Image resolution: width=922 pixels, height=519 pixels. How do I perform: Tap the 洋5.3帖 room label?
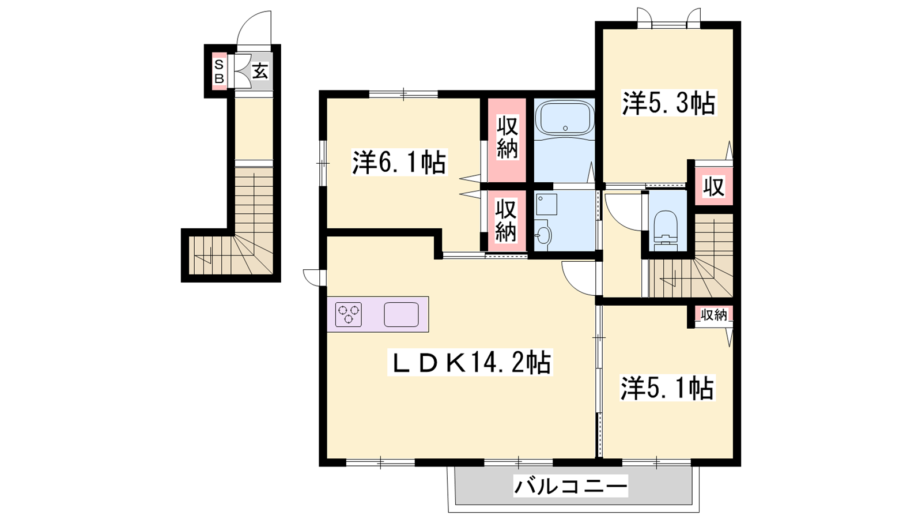tap(669, 103)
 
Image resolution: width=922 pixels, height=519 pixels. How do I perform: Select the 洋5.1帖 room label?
tap(668, 388)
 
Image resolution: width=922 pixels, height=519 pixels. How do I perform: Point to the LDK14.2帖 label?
tap(470, 362)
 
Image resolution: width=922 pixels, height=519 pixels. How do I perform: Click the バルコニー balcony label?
tap(571, 487)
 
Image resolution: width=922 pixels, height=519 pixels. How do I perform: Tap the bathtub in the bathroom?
tap(565, 118)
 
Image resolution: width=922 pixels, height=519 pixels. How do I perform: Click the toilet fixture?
tap(665, 231)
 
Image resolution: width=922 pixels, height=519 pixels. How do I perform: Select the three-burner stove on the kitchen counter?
tap(348, 315)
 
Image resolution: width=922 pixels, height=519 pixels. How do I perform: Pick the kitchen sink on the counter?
tap(401, 315)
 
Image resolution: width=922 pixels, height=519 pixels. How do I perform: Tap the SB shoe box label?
tap(219, 72)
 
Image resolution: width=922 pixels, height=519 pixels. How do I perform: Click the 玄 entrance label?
tap(260, 72)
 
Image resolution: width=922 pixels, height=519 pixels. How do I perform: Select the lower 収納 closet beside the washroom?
tap(506, 221)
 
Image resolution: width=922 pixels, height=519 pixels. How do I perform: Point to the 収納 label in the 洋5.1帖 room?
tap(714, 315)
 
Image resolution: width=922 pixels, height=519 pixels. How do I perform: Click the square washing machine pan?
tap(547, 204)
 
